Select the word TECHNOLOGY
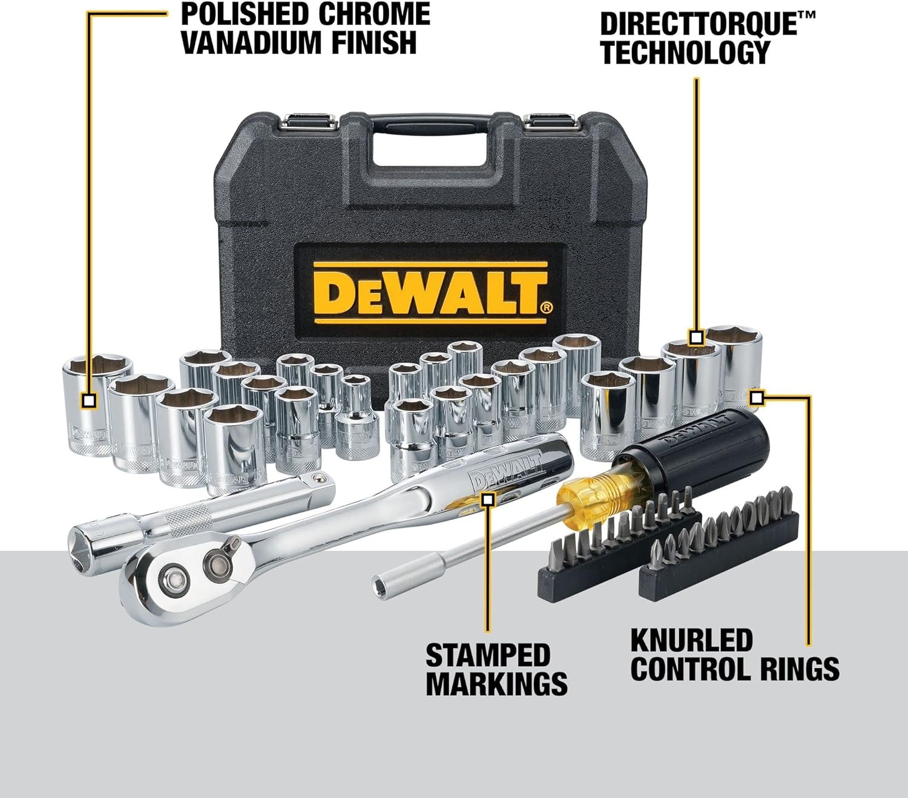click(x=685, y=52)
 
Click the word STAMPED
click(x=488, y=655)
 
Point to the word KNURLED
click(x=692, y=640)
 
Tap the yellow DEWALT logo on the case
click(x=430, y=293)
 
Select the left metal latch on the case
click(x=310, y=122)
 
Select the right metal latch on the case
click(x=550, y=122)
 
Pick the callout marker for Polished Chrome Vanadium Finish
click(x=89, y=401)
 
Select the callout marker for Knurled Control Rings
click(x=757, y=397)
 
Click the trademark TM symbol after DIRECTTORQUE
click(x=806, y=15)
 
